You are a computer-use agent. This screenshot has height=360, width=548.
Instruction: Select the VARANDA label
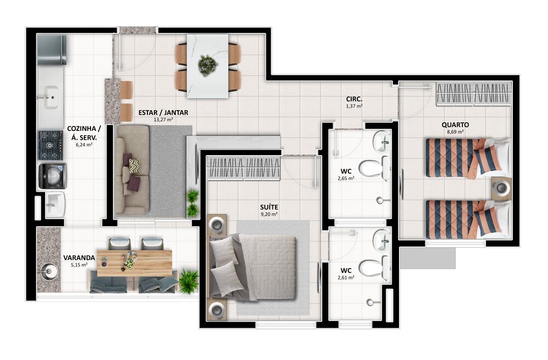[76, 258]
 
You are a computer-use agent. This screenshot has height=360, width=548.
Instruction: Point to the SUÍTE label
[269, 207]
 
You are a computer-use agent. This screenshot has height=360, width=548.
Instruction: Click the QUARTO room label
[455, 124]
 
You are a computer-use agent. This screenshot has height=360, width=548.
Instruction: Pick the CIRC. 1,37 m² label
[354, 102]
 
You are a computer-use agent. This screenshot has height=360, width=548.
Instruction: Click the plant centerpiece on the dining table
[208, 65]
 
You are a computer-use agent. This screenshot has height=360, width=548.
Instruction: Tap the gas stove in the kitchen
[50, 144]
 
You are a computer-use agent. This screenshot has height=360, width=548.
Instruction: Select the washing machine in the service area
[52, 176]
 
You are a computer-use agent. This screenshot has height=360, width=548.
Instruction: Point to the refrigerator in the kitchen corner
[52, 50]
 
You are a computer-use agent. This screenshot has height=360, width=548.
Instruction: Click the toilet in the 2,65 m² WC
[374, 168]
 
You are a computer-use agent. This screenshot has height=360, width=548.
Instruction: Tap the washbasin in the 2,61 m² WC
[382, 238]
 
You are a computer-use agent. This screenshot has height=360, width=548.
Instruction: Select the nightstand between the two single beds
[501, 187]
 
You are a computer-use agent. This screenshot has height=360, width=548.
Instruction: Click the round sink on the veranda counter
[48, 270]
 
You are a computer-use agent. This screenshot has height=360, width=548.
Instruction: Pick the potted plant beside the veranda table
[189, 280]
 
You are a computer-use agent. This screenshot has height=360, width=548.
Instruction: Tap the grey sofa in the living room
[132, 170]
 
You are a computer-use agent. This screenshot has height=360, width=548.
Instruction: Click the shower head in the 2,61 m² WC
[371, 301]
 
